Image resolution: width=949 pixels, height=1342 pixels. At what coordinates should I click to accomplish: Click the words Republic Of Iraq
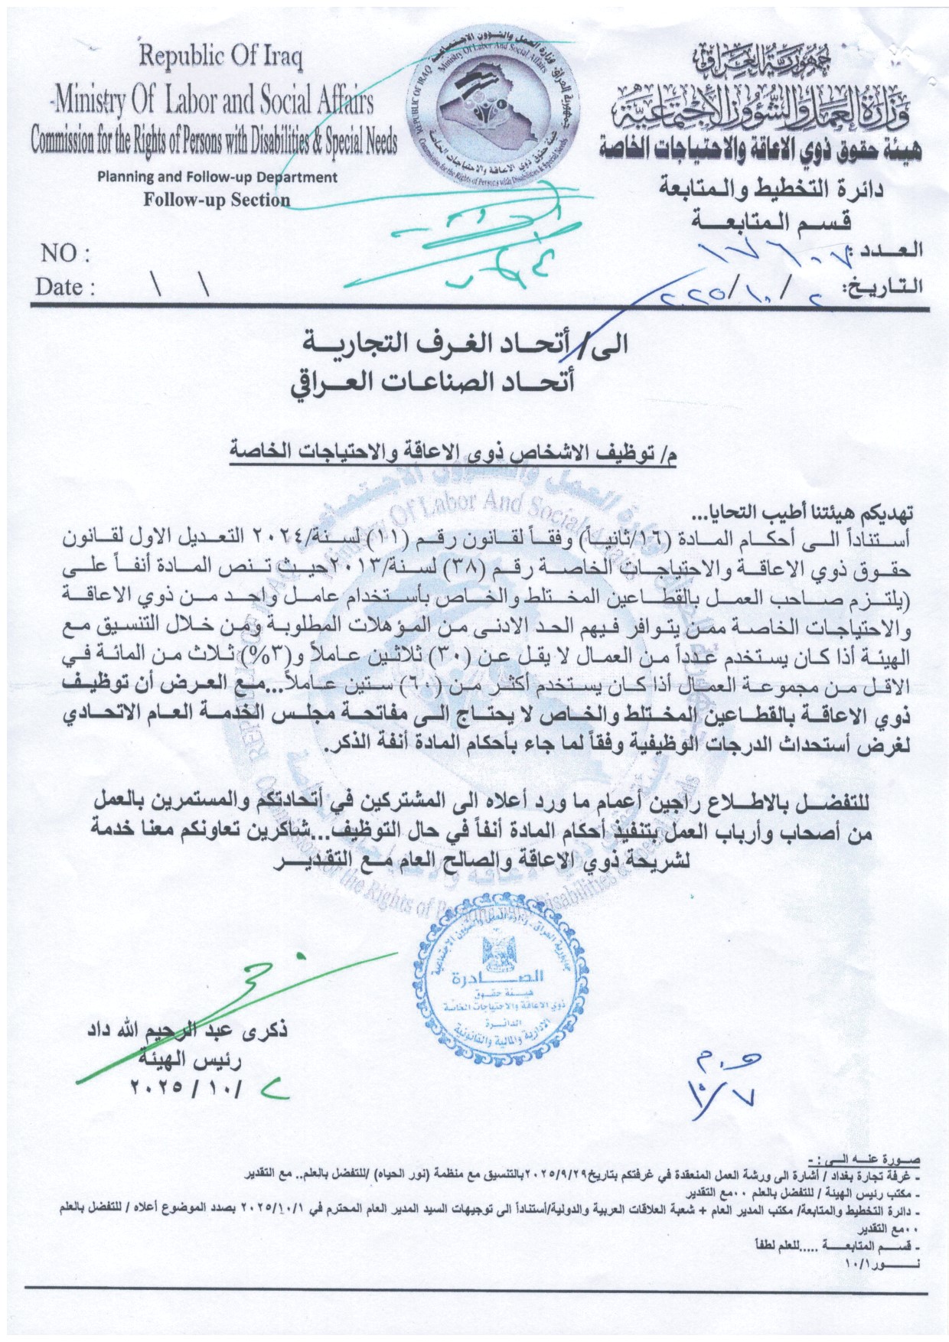point(220,57)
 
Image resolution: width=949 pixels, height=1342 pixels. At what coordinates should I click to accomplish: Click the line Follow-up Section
point(217,200)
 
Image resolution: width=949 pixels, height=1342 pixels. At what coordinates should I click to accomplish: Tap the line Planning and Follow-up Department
point(217,177)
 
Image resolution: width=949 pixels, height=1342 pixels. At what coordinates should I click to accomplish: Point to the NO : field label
point(64,254)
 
